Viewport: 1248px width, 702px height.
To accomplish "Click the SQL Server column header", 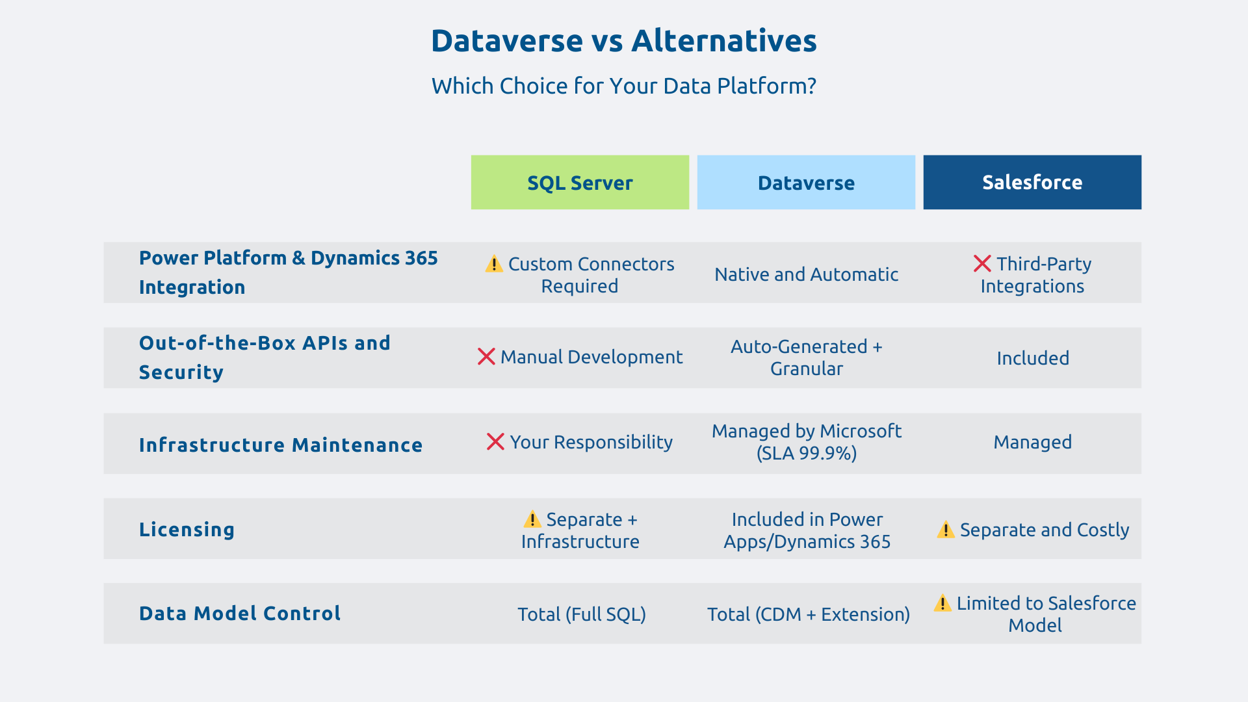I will [x=580, y=183].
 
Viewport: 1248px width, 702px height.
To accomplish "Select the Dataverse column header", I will [x=806, y=183].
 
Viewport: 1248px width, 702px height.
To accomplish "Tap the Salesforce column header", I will [x=1032, y=183].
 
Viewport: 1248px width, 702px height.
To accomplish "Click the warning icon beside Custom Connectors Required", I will [x=494, y=264].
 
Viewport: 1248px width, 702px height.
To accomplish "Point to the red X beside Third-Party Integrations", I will [x=982, y=264].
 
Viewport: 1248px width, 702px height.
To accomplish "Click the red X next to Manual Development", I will [x=486, y=357].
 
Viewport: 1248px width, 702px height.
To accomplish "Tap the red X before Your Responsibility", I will [x=495, y=442].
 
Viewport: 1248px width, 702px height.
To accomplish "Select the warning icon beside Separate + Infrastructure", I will [x=532, y=519].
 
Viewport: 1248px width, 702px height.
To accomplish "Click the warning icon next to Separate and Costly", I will [x=946, y=530].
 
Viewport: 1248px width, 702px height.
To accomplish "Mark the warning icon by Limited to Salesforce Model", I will [x=942, y=603].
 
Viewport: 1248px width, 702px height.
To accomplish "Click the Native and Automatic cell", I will [x=806, y=274].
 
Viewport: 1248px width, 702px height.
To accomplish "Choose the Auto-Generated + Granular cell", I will [x=806, y=357].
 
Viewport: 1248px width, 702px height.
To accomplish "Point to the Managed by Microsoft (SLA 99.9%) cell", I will [x=806, y=442].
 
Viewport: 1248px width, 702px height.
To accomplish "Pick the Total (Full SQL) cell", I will [x=581, y=614].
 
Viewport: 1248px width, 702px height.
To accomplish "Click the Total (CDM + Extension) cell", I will [x=808, y=614].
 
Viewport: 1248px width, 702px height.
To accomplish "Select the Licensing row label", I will [x=187, y=530].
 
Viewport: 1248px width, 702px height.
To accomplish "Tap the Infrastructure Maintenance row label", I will [x=280, y=445].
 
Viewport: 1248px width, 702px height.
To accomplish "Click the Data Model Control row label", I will [x=239, y=614].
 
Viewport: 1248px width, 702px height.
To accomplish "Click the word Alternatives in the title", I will [x=723, y=41].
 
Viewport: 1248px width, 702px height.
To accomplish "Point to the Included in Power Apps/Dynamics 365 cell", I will [x=807, y=530].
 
